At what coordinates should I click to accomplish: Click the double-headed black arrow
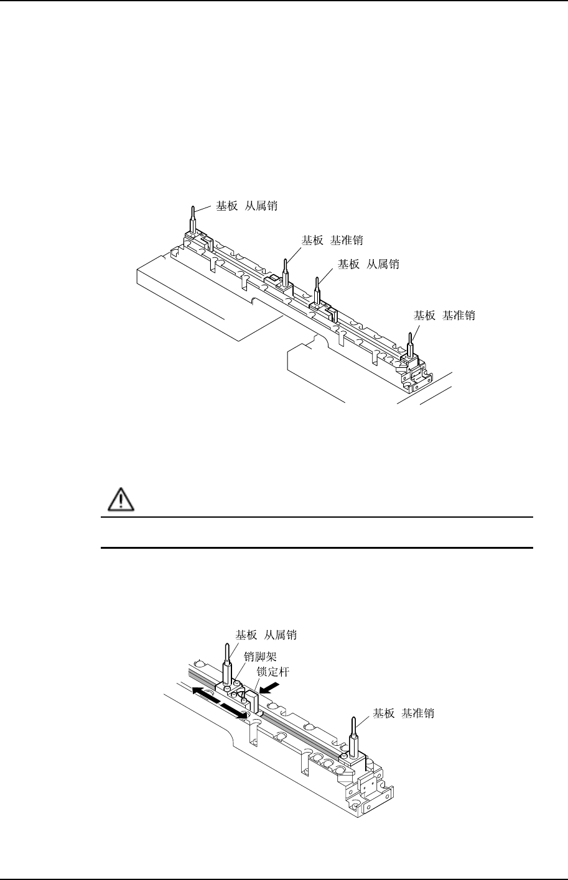click(220, 703)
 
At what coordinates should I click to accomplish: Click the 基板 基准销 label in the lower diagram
click(403, 713)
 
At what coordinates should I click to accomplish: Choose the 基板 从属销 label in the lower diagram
click(266, 635)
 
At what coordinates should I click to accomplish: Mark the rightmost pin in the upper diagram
click(410, 343)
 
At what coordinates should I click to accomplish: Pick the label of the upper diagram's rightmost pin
click(445, 315)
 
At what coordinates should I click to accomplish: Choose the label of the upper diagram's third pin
click(368, 264)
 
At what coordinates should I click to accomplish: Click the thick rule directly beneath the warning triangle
click(317, 517)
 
